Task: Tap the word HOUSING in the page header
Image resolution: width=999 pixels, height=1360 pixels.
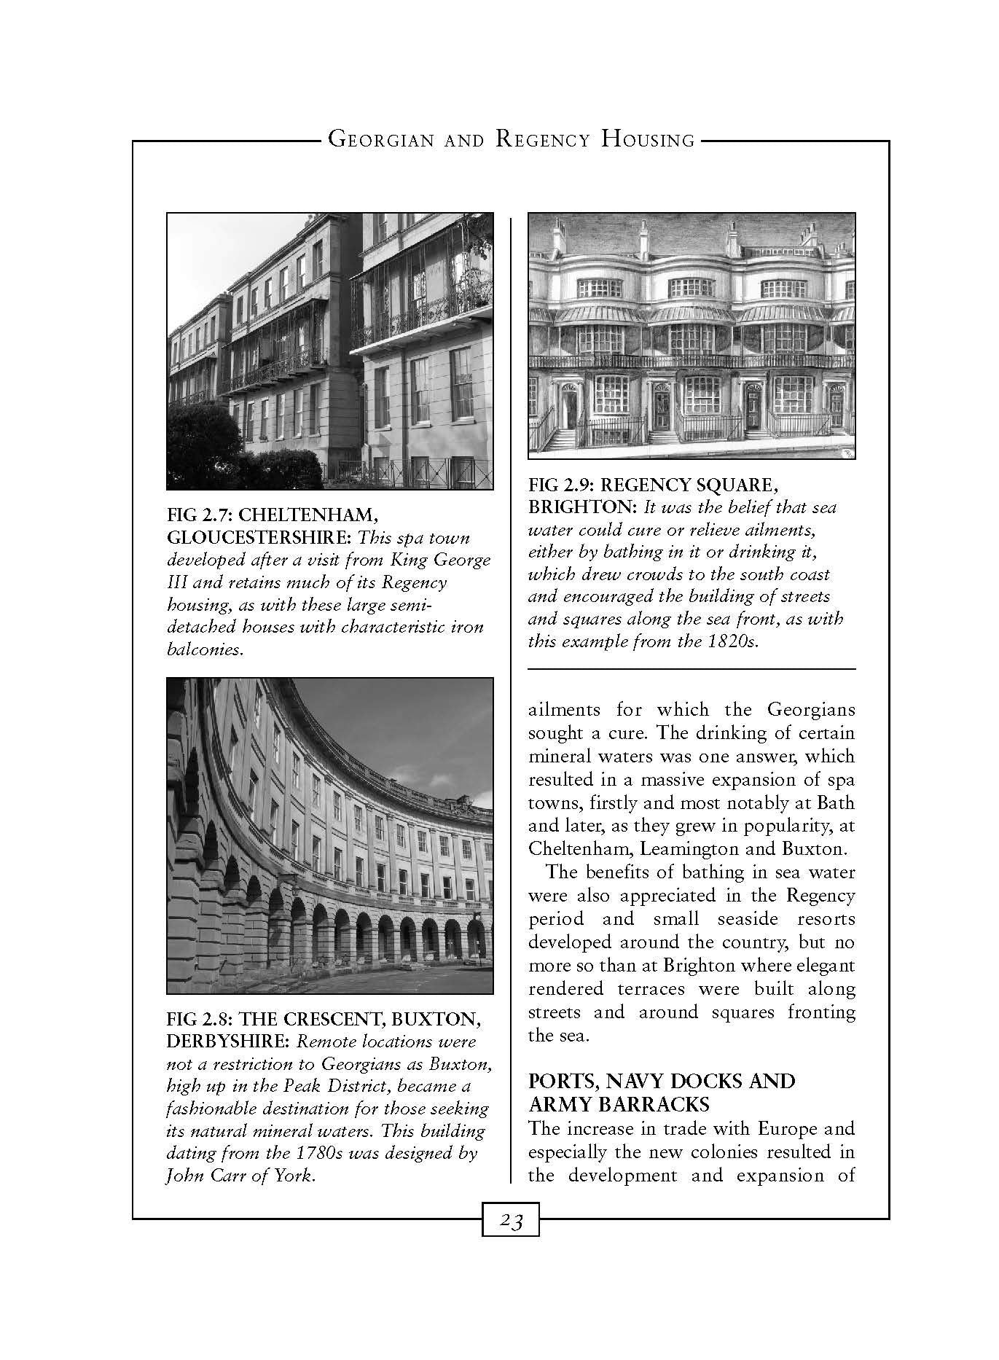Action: tap(649, 139)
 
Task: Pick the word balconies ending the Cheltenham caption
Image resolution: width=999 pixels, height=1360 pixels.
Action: tap(203, 649)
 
